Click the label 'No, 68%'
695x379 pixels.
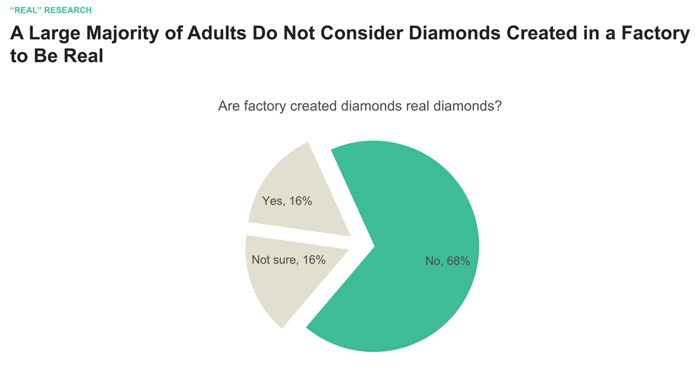pyautogui.click(x=447, y=261)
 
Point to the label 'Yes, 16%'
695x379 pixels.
pyautogui.click(x=287, y=202)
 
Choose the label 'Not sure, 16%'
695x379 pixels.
pyautogui.click(x=288, y=260)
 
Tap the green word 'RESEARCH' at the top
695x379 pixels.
pyautogui.click(x=68, y=10)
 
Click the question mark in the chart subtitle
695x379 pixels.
pyautogui.click(x=498, y=106)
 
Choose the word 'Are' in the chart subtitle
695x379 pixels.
pyautogui.click(x=228, y=106)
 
